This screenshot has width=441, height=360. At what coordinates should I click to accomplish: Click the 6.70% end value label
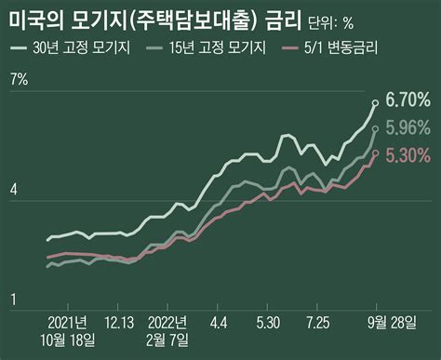408,100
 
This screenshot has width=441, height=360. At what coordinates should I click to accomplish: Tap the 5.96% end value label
408,127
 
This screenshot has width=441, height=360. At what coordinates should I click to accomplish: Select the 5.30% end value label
408,154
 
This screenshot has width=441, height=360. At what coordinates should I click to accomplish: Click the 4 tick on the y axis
13,190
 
